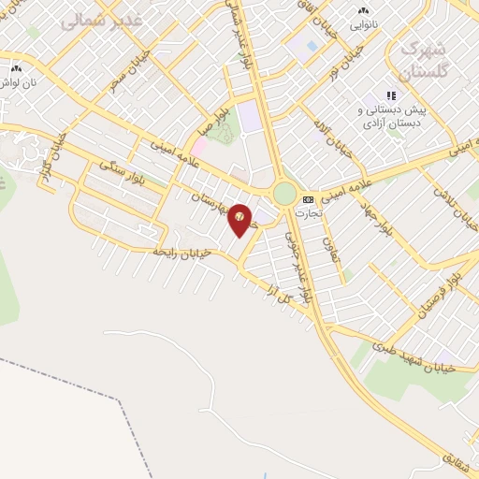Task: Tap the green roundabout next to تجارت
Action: [283, 194]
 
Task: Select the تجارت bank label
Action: [308, 212]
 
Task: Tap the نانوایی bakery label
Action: [365, 25]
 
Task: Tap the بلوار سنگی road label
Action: [122, 175]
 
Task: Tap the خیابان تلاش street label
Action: [447, 200]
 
